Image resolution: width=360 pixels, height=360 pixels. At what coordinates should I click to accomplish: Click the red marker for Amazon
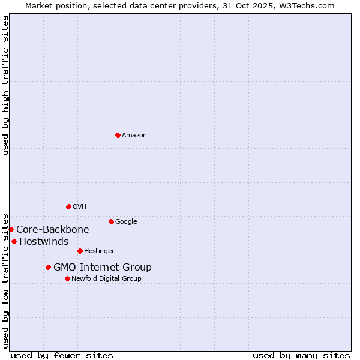[x=118, y=135]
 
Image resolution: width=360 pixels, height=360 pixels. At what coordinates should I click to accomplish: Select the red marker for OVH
[x=68, y=206]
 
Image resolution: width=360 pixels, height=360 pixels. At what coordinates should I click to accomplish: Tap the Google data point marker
[x=111, y=221]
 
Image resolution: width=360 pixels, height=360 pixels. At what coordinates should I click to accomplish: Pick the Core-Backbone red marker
[x=11, y=229]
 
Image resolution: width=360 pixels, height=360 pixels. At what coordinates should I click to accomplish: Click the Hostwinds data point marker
[x=14, y=241]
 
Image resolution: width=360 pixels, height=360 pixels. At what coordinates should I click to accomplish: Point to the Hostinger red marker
[x=80, y=251]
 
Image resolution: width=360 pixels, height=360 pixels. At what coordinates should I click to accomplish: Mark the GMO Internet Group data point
[x=48, y=267]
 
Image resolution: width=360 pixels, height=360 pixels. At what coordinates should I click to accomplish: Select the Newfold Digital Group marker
[x=67, y=278]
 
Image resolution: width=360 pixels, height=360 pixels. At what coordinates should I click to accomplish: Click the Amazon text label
[x=134, y=136]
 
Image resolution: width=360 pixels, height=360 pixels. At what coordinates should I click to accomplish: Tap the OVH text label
[x=80, y=207]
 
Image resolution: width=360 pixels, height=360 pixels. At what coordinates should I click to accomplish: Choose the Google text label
[x=126, y=222]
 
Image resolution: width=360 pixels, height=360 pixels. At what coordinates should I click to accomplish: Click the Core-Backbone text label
[x=53, y=229]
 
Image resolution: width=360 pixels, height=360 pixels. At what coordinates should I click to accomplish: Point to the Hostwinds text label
[x=44, y=241]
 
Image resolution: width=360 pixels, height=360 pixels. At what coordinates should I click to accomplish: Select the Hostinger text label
[x=99, y=251]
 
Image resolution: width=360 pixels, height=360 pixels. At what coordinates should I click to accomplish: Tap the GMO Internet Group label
[x=103, y=268]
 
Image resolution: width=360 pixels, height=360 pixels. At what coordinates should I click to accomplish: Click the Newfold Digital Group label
[x=106, y=279]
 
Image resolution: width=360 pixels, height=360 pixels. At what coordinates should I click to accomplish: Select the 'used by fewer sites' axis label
[x=62, y=355]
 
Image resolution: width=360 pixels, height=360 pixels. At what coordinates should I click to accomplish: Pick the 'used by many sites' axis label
[x=301, y=355]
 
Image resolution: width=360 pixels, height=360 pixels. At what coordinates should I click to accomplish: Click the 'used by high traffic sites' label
[x=5, y=85]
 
